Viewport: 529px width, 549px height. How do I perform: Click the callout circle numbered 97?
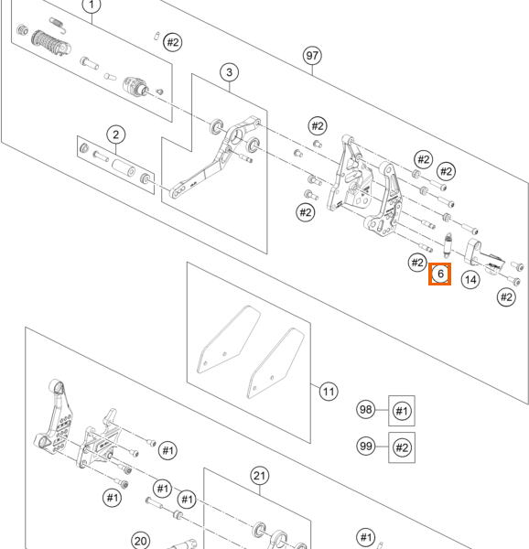point(312,56)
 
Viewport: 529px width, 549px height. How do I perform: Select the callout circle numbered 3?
point(230,72)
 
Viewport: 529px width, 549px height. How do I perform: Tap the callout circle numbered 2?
point(116,135)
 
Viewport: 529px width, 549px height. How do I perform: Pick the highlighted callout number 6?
point(440,274)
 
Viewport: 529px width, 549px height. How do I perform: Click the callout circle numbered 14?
point(470,280)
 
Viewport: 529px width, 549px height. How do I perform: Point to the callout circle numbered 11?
point(329,392)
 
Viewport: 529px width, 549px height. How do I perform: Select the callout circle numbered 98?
point(366,409)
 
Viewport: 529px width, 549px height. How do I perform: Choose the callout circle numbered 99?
point(366,447)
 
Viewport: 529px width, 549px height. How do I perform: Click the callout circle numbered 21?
point(260,476)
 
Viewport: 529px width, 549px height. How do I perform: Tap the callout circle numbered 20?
point(140,541)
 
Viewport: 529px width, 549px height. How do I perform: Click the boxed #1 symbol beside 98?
point(402,411)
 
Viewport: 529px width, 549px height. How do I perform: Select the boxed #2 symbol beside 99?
point(402,447)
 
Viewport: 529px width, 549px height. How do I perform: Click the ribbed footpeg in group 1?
point(51,43)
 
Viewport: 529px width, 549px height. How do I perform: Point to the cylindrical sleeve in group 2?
point(124,168)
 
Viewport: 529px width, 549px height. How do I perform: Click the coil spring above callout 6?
point(448,244)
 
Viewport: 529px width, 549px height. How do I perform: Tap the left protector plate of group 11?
point(229,339)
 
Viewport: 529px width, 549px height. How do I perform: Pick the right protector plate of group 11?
point(275,363)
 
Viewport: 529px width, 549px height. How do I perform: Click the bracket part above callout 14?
point(483,256)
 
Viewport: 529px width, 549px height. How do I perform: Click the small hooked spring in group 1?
point(59,25)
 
